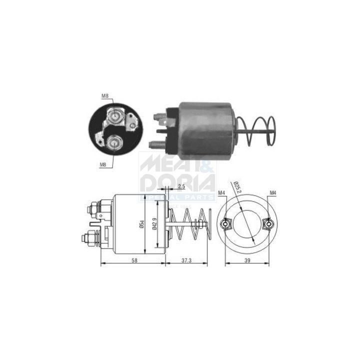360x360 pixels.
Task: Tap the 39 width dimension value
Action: [247, 260]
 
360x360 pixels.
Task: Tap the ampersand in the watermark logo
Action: [205, 165]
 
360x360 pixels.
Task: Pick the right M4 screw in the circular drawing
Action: [268, 223]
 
